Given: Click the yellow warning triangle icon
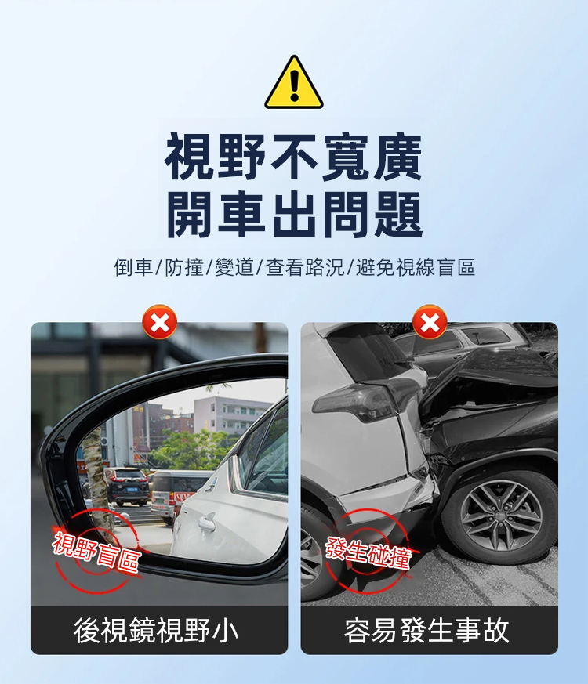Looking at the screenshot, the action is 294,83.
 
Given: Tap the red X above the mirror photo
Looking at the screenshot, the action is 160,322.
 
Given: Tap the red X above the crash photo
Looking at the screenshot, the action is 430,322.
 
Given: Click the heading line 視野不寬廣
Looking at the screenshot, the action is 293,157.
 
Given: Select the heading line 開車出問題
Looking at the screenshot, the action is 294,215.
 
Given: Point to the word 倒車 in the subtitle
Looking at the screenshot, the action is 133,267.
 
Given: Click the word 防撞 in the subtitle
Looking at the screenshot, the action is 183,267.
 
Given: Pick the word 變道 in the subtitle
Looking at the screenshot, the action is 234,267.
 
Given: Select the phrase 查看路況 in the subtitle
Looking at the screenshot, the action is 305,267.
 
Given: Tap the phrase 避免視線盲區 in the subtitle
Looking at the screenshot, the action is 416,267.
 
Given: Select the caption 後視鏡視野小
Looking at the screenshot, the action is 156,631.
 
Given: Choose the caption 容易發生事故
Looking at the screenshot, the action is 426,631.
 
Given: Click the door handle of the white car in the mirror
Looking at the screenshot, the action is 206,522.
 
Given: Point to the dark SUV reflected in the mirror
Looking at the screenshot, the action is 126,486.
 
